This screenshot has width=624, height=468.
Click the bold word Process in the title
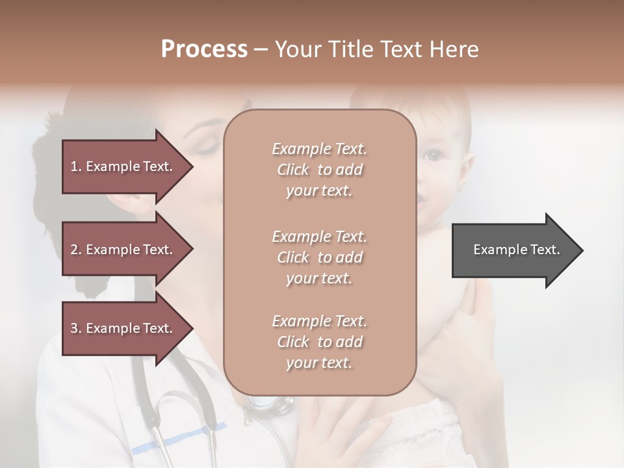(x=204, y=49)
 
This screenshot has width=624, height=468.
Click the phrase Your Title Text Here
(x=377, y=49)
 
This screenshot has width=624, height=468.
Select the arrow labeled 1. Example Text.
(x=123, y=166)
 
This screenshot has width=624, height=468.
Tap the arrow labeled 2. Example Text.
(x=123, y=250)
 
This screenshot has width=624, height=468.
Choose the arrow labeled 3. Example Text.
(x=123, y=328)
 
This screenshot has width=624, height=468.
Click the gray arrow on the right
(x=513, y=250)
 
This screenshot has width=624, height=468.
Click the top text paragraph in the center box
(x=319, y=170)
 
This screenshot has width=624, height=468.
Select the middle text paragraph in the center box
(x=319, y=257)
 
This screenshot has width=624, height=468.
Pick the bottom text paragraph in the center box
(x=319, y=342)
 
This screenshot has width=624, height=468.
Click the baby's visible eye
(x=431, y=155)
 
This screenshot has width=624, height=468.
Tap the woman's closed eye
(x=207, y=150)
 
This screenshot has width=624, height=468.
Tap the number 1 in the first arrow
(x=74, y=166)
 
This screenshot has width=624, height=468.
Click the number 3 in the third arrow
(x=74, y=328)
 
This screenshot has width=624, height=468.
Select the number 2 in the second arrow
(x=74, y=250)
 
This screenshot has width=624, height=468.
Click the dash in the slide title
(x=261, y=50)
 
